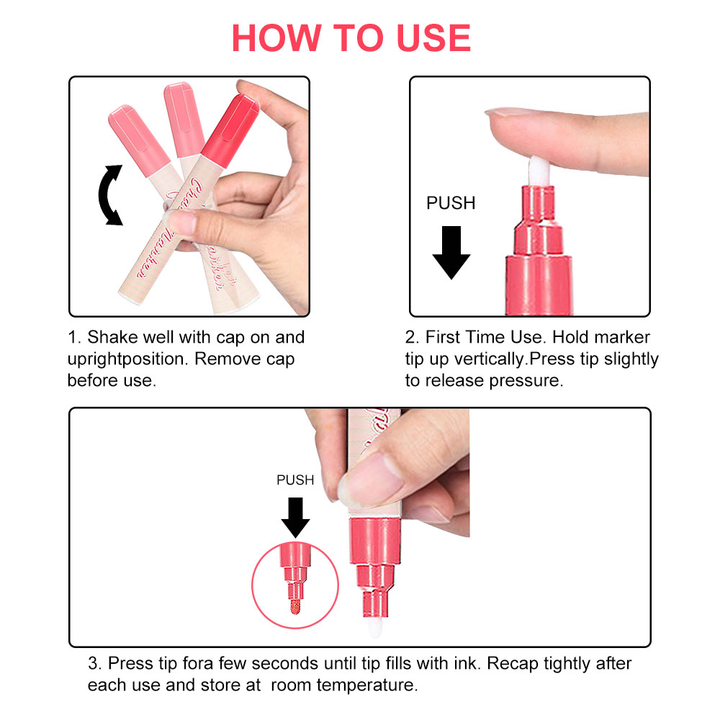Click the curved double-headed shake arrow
(x=108, y=195)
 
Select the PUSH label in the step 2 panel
(x=451, y=203)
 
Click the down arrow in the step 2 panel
(x=451, y=253)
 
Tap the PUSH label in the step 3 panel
(x=295, y=480)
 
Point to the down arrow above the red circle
(x=295, y=518)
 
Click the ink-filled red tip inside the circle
(x=294, y=606)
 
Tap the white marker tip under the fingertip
(x=539, y=171)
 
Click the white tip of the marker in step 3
(x=375, y=627)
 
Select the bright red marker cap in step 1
(x=230, y=130)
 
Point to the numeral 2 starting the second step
(x=410, y=338)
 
